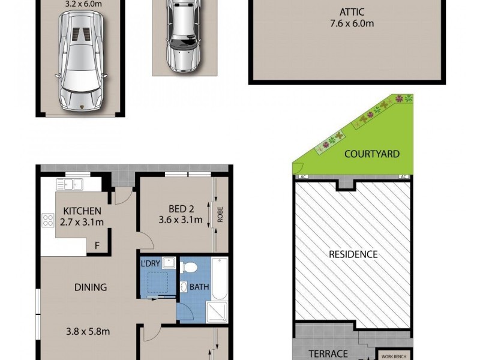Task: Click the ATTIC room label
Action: coord(352,12)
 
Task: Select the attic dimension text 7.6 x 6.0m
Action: coord(352,23)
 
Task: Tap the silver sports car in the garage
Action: coord(81,60)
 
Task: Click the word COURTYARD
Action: coord(372,154)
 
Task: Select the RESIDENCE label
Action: coord(353,254)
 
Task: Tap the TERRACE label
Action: coord(328,353)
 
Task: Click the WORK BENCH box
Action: coord(394,355)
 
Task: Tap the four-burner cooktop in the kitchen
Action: coord(47,220)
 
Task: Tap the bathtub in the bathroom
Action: coord(219,278)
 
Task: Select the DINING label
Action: coord(91,287)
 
